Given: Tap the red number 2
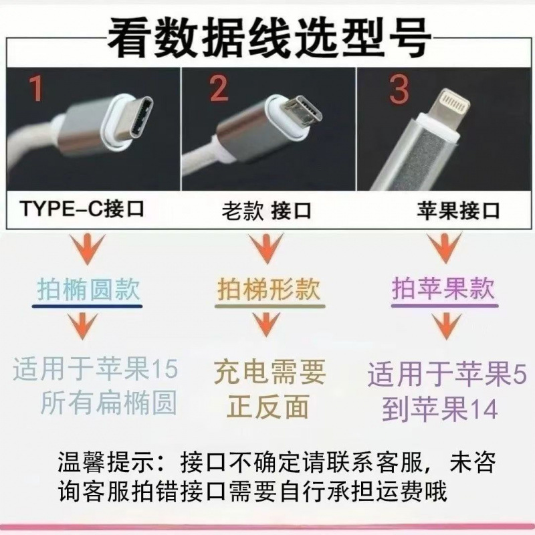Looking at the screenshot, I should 218,89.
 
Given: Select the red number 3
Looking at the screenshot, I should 399,89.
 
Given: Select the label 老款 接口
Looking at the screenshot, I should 267,211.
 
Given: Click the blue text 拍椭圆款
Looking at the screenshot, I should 88,290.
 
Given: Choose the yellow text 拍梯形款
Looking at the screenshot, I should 269,290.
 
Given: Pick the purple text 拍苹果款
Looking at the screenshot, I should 443,290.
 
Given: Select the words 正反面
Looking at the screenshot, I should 269,406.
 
